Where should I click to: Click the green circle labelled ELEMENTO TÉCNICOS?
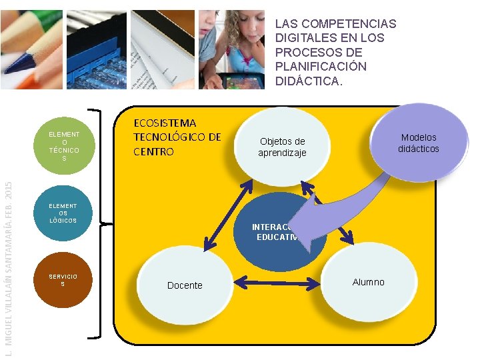tap(64, 146)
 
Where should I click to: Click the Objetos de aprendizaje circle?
tap(282, 147)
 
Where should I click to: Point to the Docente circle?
tap(185, 285)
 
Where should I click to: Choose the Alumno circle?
tap(368, 282)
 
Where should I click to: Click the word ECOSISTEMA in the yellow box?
tap(165, 123)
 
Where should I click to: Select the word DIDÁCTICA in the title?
tap(307, 81)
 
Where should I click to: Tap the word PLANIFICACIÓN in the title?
tap(321, 67)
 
